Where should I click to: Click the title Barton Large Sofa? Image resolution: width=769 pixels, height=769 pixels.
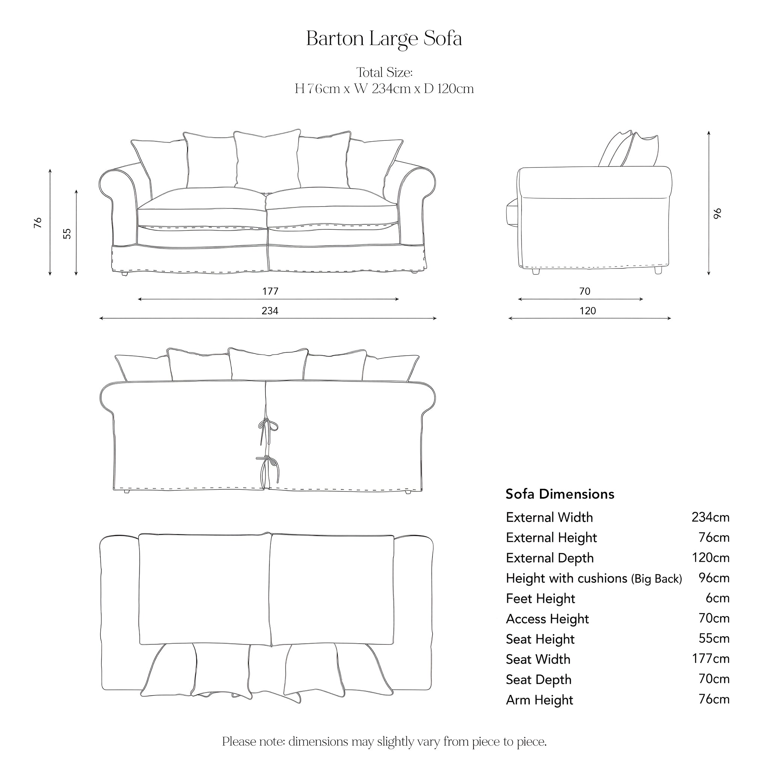point(384,39)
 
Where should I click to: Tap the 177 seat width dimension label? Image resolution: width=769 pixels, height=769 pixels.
point(270,291)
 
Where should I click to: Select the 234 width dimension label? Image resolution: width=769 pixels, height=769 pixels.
point(270,311)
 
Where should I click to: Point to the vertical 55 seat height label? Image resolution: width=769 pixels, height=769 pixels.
point(67,233)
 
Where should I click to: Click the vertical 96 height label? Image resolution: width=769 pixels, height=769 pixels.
point(718,214)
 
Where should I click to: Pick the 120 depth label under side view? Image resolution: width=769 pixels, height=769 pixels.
point(588,311)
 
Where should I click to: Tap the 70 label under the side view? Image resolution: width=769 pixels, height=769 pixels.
point(584,291)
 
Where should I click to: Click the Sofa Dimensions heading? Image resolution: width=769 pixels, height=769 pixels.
point(559,494)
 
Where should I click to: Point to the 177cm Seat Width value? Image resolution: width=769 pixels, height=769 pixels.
point(710,659)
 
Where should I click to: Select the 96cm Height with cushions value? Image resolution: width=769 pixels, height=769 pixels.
point(714,578)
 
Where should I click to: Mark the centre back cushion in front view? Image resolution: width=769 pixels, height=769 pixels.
point(267,159)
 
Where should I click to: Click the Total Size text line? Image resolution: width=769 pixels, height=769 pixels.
point(384,72)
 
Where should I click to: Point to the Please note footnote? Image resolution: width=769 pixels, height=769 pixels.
point(384,742)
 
